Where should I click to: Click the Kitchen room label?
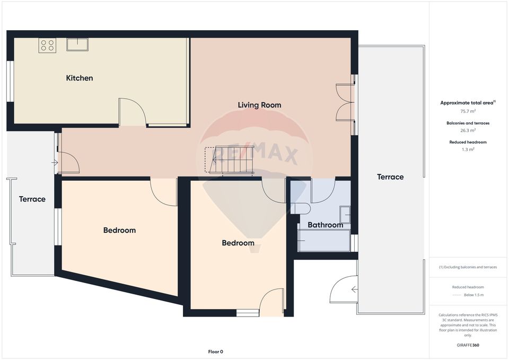pyautogui.click(x=80, y=78)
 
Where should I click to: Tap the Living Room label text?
pyautogui.click(x=259, y=105)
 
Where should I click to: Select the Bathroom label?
pyautogui.click(x=326, y=225)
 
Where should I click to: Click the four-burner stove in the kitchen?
pyautogui.click(x=47, y=45)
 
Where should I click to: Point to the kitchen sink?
pyautogui.click(x=77, y=44)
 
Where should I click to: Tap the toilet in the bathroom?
pyautogui.click(x=301, y=208)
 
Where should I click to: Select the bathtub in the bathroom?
pyautogui.click(x=323, y=241)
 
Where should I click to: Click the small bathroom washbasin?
pyautogui.click(x=345, y=215)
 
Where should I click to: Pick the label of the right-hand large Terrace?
pyautogui.click(x=390, y=177)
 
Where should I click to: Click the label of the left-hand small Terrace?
pyautogui.click(x=32, y=199)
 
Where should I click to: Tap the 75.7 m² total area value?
pyautogui.click(x=468, y=111)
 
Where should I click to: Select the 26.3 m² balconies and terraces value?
pyautogui.click(x=468, y=130)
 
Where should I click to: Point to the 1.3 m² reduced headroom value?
pyautogui.click(x=468, y=150)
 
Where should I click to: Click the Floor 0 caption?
pyautogui.click(x=215, y=352)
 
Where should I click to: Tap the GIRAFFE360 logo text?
pyautogui.click(x=468, y=345)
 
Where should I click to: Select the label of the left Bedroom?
pyautogui.click(x=119, y=230)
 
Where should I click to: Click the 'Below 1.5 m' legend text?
pyautogui.click(x=473, y=295)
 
